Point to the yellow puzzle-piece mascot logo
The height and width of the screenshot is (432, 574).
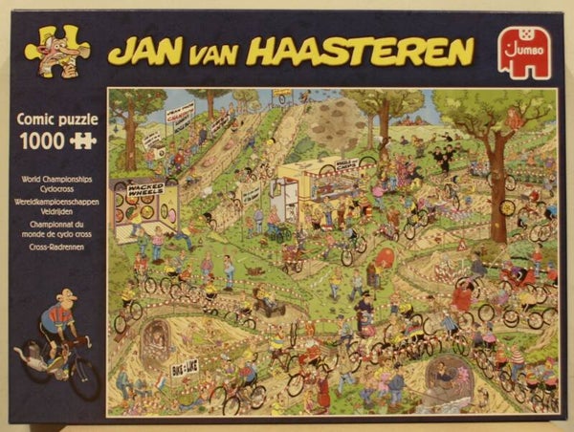56,52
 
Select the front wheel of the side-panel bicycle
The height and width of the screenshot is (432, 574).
84,378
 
